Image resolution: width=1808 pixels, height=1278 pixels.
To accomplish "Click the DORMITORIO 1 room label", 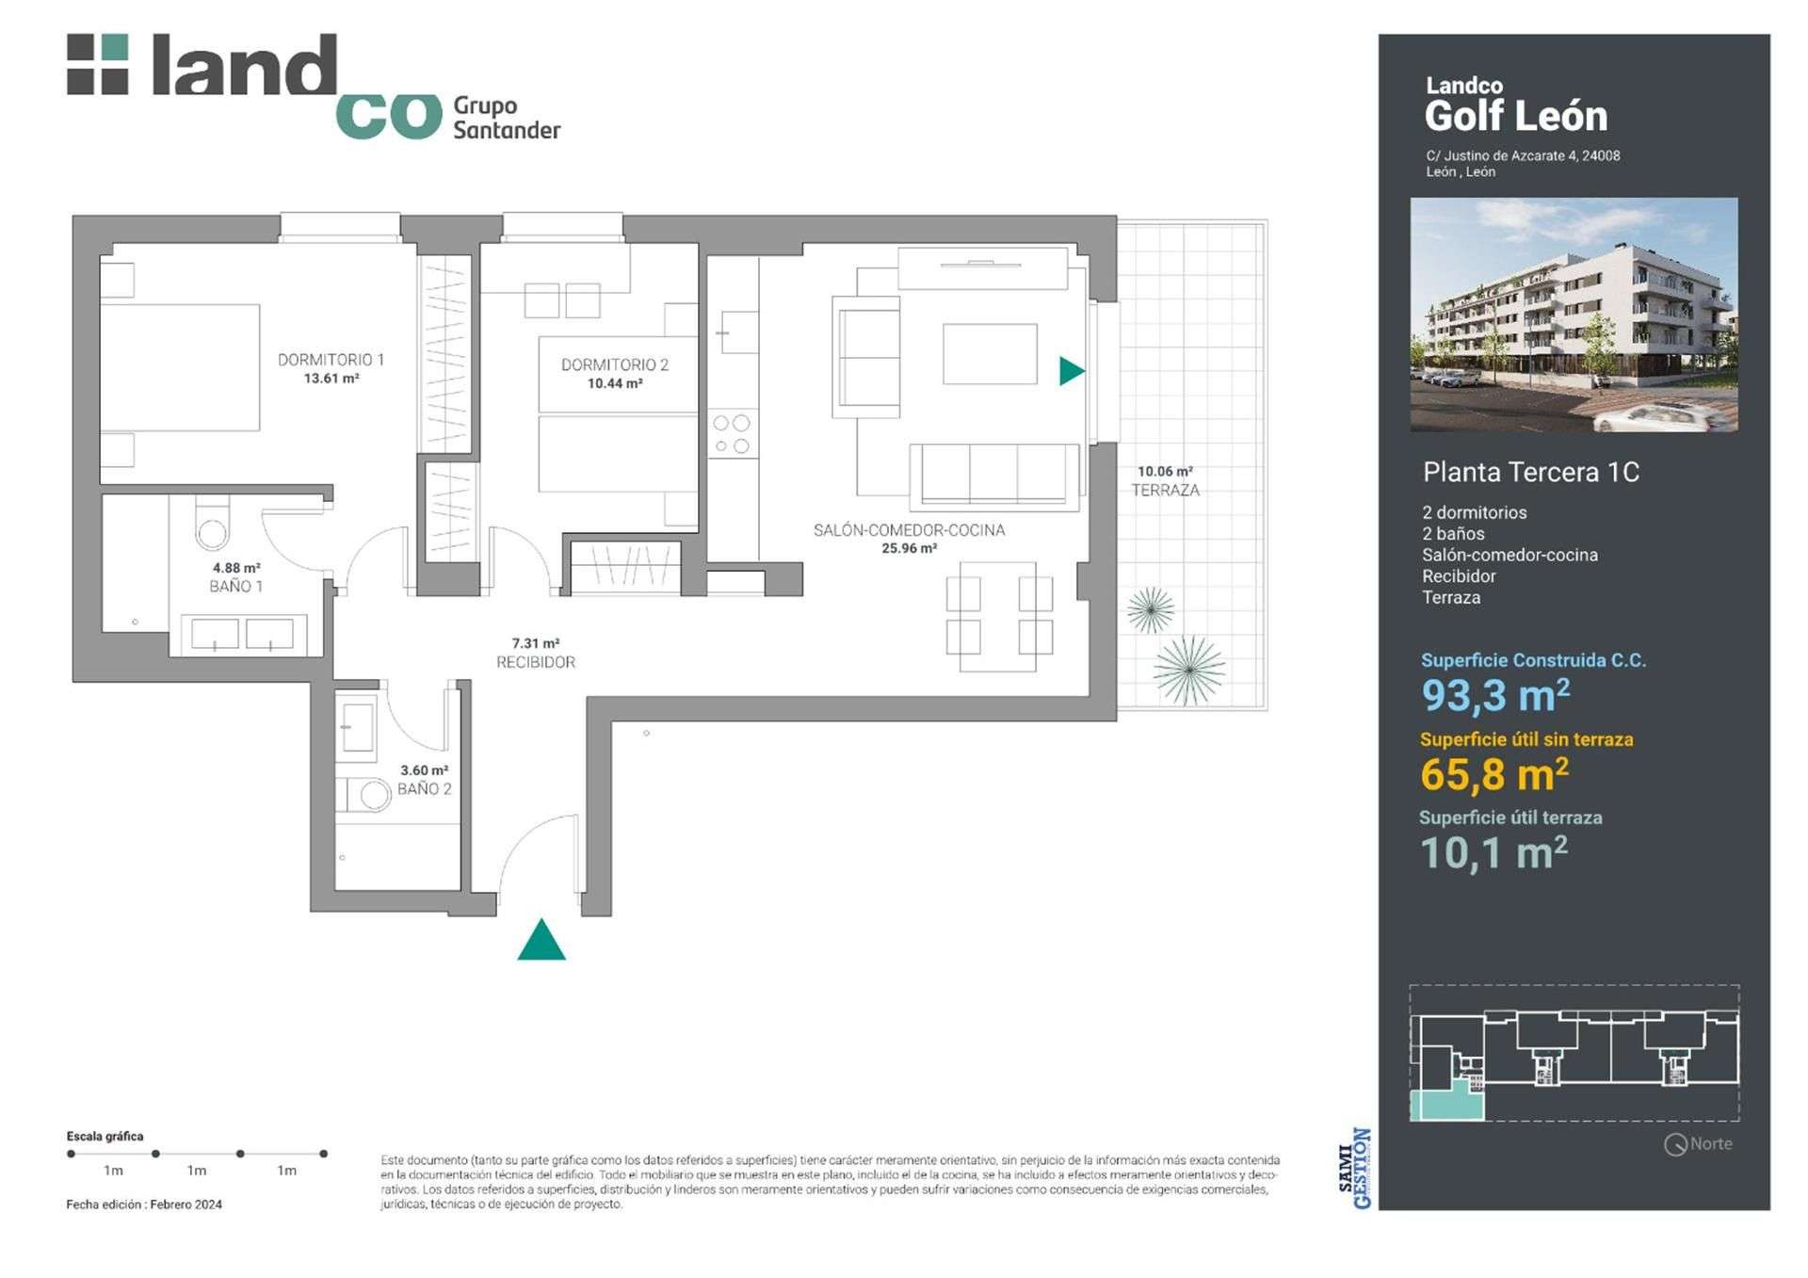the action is click(x=331, y=360).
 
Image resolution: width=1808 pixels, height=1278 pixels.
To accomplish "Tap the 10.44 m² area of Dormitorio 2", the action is click(x=615, y=383).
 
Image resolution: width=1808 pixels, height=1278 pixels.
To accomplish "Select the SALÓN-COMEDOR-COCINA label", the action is click(x=909, y=530).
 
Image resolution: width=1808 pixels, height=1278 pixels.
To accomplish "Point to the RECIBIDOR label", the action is click(x=536, y=662).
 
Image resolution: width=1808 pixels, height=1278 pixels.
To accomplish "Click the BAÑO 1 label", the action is click(x=235, y=586).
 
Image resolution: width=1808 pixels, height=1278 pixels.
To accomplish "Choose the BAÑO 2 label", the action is click(x=424, y=788).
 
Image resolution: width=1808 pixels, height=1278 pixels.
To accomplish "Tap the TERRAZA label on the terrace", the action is click(x=1165, y=490).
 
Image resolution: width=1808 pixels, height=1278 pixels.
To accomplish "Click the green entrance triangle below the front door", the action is click(x=541, y=940).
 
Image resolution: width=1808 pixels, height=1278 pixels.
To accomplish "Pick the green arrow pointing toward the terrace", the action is click(x=1072, y=371).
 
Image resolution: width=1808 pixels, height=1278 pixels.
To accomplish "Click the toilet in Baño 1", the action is click(x=213, y=524).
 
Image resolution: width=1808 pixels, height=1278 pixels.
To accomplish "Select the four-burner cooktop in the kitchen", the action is click(x=733, y=434).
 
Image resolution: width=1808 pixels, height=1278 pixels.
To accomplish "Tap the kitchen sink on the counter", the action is click(x=737, y=333).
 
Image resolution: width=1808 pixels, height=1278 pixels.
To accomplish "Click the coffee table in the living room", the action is click(x=990, y=354).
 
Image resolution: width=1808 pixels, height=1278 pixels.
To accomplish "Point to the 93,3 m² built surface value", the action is click(x=1495, y=696).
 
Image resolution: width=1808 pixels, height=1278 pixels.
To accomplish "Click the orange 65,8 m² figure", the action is click(x=1494, y=774).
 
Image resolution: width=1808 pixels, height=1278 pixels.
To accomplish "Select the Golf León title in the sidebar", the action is click(x=1516, y=116).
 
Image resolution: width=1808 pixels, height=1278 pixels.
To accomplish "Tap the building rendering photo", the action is click(x=1574, y=315).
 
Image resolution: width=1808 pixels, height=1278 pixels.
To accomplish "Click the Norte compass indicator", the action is click(x=1699, y=1144).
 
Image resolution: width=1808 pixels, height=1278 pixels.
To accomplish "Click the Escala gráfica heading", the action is click(x=105, y=1137).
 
